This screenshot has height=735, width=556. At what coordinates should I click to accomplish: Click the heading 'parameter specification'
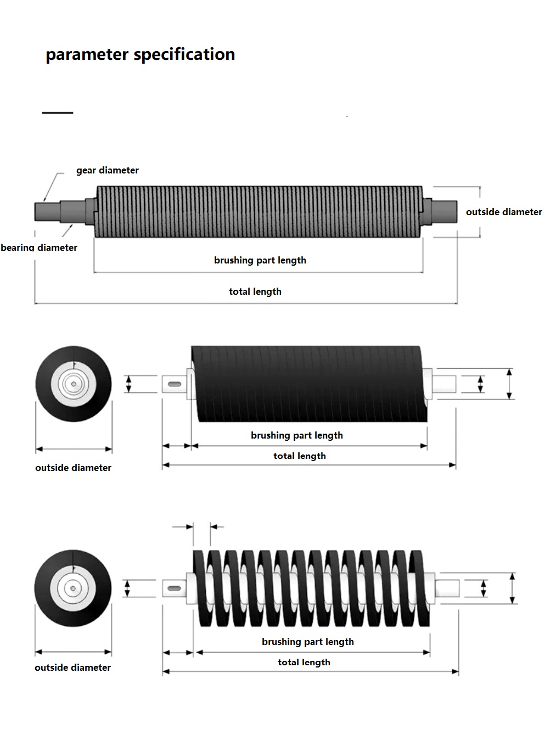tap(140, 54)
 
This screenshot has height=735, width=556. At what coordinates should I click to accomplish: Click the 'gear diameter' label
tap(108, 170)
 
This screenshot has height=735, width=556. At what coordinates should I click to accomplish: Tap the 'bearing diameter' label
tap(39, 248)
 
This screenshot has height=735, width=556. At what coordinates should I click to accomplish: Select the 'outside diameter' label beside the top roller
tap(504, 212)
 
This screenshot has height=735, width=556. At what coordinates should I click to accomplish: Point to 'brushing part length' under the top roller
tap(260, 260)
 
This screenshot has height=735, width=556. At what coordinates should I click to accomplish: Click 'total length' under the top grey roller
tap(255, 291)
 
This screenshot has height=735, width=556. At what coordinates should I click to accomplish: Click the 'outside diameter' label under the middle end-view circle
tap(73, 468)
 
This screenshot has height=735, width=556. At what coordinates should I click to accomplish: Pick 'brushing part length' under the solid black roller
tap(297, 435)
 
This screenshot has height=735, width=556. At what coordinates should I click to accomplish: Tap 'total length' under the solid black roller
tap(300, 456)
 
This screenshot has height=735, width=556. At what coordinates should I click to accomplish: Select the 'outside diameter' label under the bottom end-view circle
tap(72, 667)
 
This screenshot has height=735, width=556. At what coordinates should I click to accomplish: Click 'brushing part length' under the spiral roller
tap(308, 642)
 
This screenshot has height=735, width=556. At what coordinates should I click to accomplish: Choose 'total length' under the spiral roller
tap(304, 662)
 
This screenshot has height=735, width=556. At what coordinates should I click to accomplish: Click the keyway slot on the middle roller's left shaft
tap(176, 383)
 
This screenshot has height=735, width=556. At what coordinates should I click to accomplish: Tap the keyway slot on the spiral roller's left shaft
tap(175, 588)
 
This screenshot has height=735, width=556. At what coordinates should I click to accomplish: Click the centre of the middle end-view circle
tap(73, 384)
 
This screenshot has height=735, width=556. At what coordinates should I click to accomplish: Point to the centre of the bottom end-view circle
tap(72, 588)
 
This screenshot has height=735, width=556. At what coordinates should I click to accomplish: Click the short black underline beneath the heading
tap(57, 113)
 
